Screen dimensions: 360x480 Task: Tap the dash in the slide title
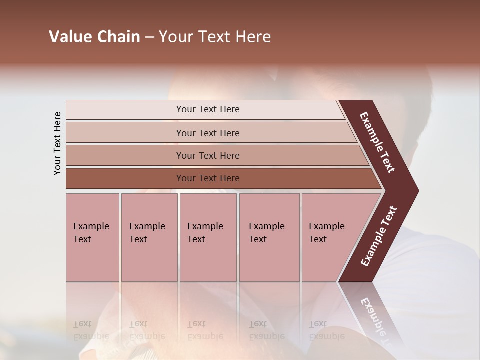click(x=149, y=37)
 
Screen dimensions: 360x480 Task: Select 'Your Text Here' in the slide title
click(x=215, y=37)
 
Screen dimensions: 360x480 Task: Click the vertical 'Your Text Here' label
click(x=57, y=143)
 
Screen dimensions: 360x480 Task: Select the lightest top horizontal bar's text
click(x=208, y=109)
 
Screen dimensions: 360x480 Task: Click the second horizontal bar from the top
click(x=208, y=133)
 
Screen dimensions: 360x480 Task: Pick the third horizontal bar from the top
click(x=208, y=155)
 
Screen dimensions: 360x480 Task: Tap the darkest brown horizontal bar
click(x=208, y=178)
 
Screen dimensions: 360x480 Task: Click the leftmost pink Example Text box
click(x=92, y=237)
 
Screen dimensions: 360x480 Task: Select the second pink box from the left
click(x=149, y=237)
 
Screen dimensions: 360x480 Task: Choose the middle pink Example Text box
click(x=208, y=237)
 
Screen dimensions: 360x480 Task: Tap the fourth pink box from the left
click(x=269, y=237)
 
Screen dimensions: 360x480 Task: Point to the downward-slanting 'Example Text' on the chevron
click(x=377, y=142)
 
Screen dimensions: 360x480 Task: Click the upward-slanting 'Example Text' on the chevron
click(x=378, y=236)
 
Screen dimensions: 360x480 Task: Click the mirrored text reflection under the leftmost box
click(x=91, y=330)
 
